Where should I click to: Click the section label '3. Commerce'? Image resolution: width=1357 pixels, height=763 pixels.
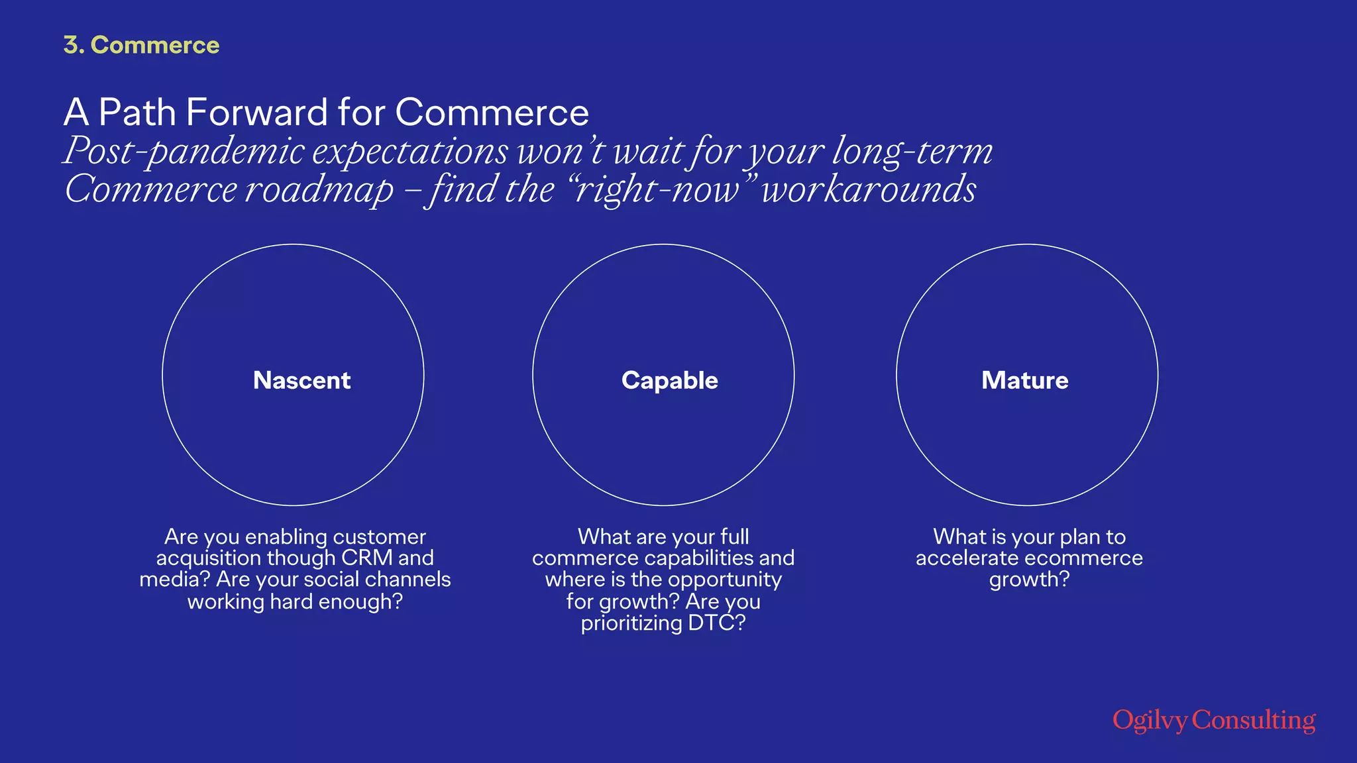(141, 45)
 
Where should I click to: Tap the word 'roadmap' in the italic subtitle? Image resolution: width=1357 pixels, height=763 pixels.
(320, 189)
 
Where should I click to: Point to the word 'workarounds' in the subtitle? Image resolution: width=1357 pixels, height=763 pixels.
(869, 189)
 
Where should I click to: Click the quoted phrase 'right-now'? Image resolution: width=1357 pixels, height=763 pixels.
(656, 189)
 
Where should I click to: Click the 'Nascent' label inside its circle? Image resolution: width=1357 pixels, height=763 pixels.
(301, 380)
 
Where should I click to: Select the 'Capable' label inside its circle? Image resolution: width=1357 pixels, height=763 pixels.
(669, 380)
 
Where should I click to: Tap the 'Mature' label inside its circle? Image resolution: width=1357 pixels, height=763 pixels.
(1024, 380)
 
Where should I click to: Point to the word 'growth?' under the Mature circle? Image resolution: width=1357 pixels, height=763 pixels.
(1029, 580)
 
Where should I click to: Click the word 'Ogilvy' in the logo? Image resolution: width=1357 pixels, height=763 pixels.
(1150, 721)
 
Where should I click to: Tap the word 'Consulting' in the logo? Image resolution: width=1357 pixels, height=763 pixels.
(1254, 721)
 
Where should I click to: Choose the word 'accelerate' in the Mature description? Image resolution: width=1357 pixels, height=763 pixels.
(969, 558)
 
